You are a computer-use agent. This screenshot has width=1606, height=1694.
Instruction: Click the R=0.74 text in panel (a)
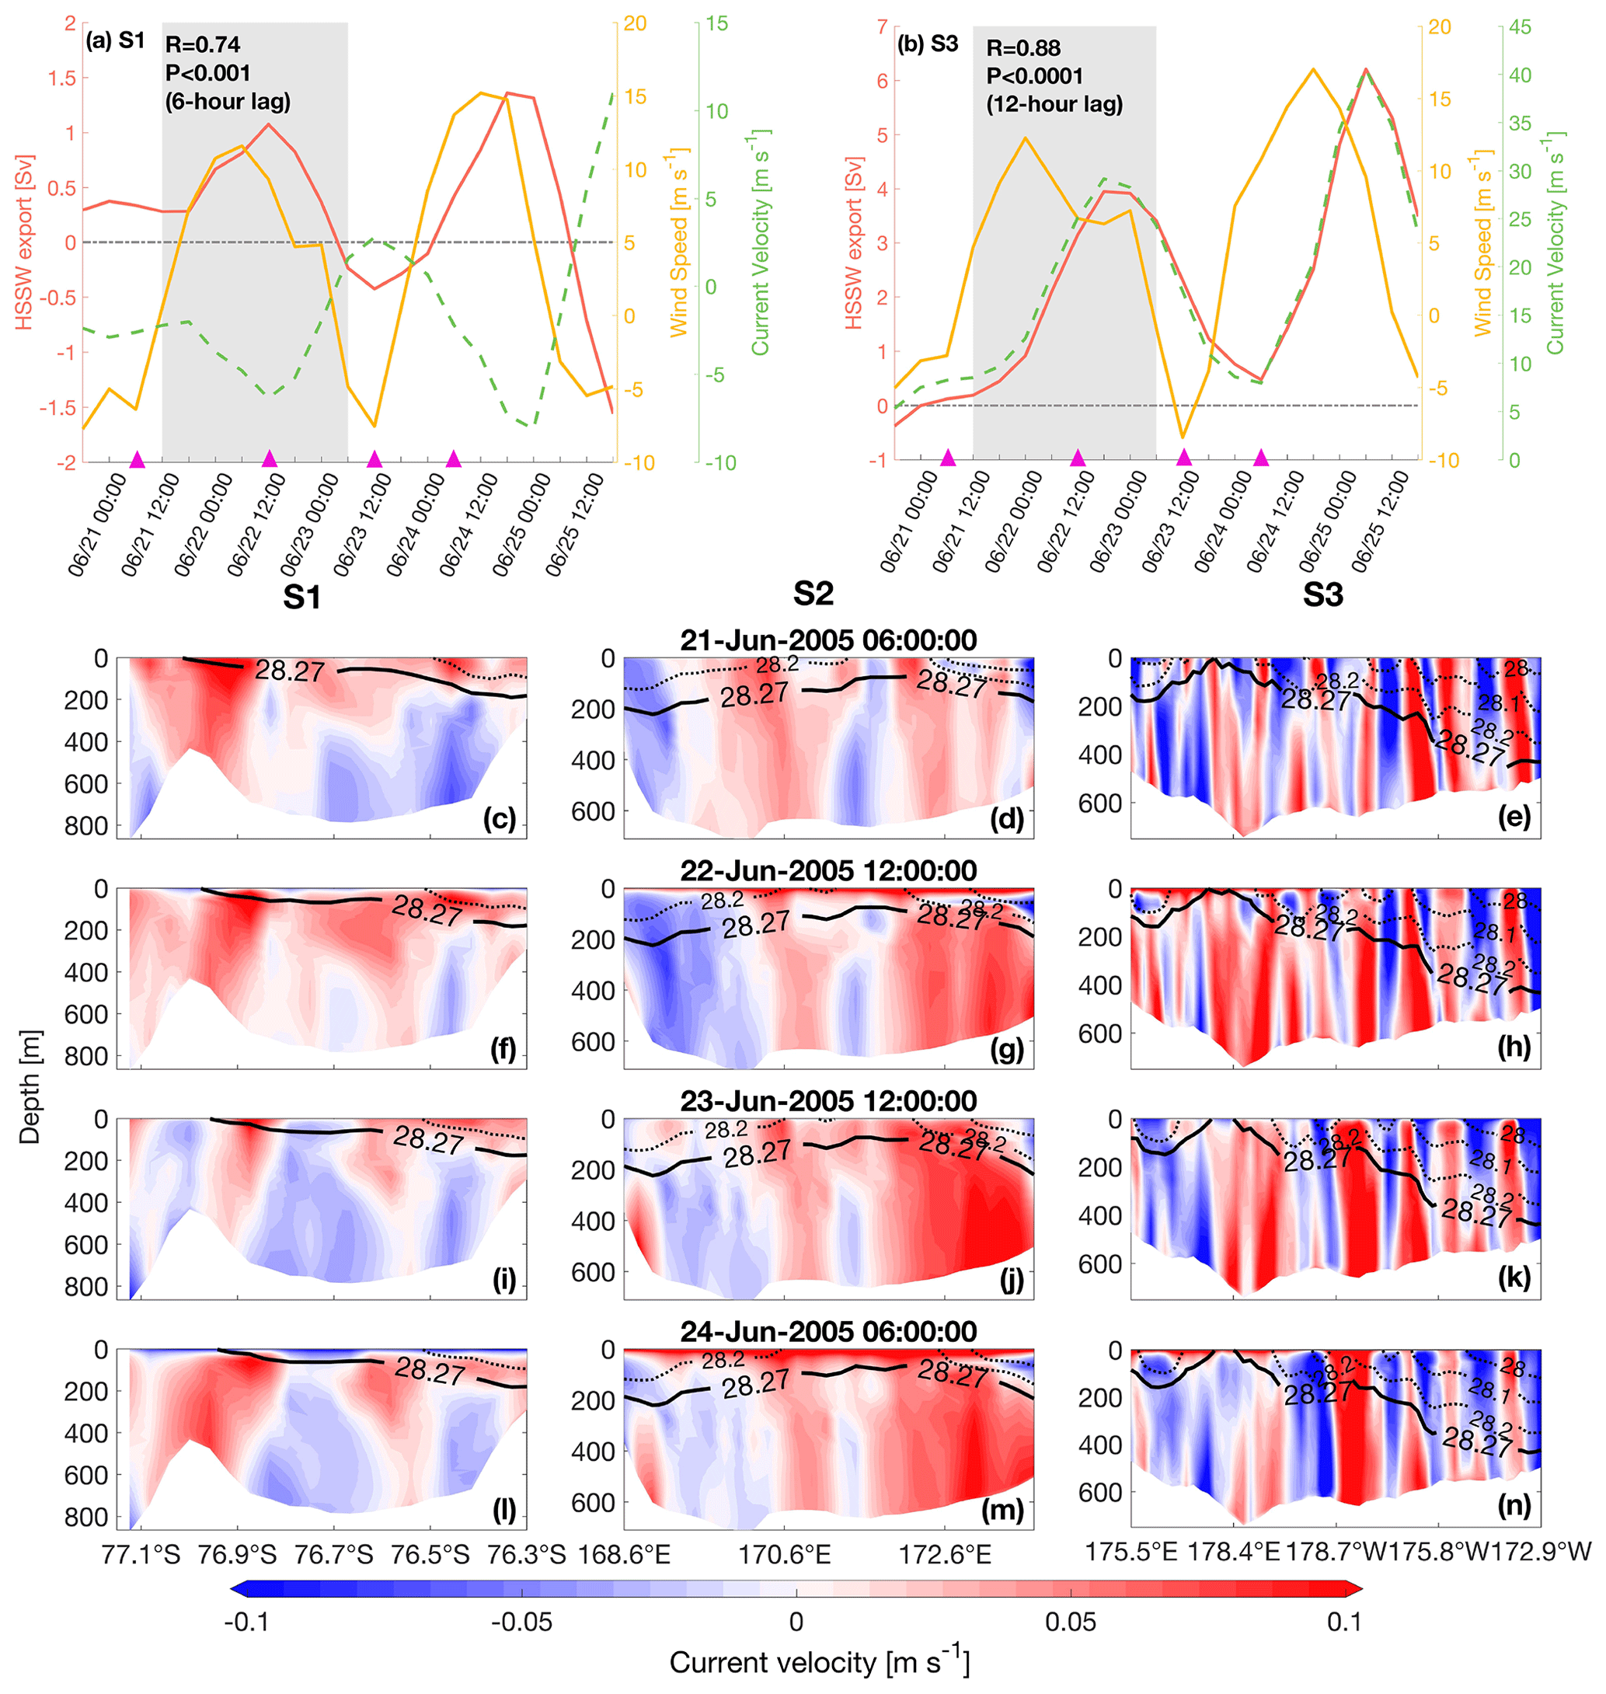point(203,44)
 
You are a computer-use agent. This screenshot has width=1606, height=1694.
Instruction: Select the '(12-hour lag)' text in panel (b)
point(1054,104)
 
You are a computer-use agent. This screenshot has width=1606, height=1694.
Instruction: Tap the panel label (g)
point(1007,1051)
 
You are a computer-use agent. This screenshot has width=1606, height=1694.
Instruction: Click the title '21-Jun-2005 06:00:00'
point(827,640)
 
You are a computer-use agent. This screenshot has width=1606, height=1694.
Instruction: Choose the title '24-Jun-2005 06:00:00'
point(827,1331)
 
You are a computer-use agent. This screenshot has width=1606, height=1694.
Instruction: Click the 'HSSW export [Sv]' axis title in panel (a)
point(24,242)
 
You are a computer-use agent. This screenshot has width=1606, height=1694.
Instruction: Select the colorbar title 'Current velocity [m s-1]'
point(819,1661)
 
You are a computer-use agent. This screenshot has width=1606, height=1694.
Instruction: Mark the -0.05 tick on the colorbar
point(521,1621)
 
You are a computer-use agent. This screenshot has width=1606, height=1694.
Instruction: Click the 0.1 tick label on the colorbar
point(1344,1621)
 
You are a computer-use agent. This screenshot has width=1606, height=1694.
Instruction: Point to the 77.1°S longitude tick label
point(141,1553)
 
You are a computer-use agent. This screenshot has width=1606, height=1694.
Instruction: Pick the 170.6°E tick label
point(784,1553)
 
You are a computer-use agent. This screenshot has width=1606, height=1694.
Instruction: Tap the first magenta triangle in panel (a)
point(137,460)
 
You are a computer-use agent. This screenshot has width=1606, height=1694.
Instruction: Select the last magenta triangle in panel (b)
point(1260,458)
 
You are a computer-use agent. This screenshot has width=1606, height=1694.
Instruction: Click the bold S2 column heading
point(813,593)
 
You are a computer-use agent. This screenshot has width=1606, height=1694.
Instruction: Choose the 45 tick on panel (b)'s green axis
point(1520,27)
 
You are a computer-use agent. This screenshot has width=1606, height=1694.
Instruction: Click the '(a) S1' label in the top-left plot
point(116,40)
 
